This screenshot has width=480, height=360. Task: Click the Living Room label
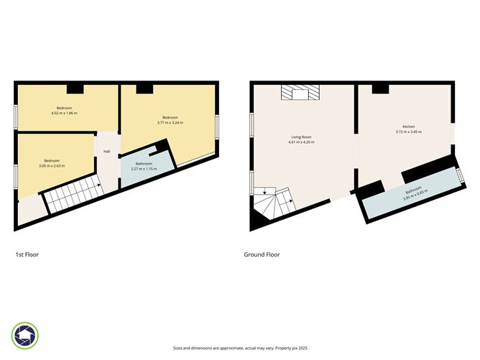(x=302, y=136)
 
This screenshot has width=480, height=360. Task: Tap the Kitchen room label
(x=408, y=126)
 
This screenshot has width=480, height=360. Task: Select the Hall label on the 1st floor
(x=106, y=152)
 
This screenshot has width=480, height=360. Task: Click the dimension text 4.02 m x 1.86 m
(x=64, y=114)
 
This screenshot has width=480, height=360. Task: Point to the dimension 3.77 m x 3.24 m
(x=170, y=123)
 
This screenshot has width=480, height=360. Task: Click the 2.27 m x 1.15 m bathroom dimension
(x=144, y=168)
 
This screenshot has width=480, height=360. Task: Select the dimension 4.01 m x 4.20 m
(x=302, y=142)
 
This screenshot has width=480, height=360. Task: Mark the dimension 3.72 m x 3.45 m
(x=408, y=132)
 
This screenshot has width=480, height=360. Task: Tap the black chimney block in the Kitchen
(x=379, y=88)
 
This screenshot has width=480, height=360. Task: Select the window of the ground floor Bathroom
(x=461, y=176)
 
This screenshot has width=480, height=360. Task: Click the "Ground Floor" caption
(x=262, y=254)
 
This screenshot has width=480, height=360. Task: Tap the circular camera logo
(x=25, y=336)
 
